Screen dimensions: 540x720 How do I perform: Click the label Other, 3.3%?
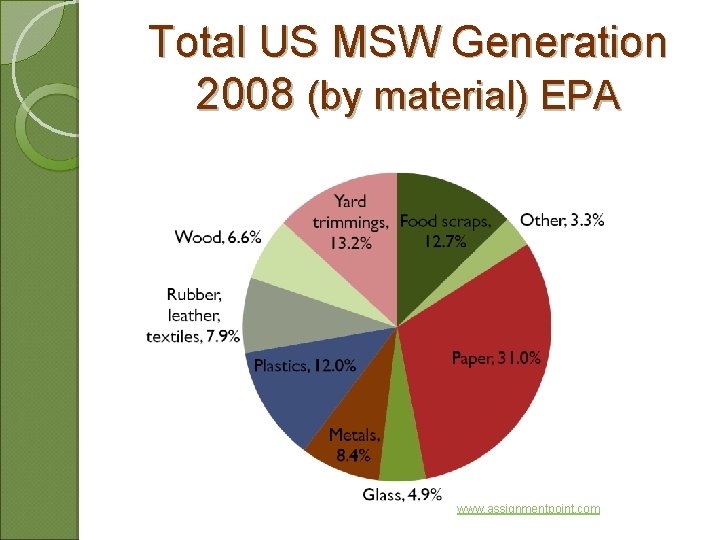pos(562,220)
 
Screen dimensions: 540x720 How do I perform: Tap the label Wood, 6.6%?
pos(218,237)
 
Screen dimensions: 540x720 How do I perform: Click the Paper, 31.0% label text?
pos(496,358)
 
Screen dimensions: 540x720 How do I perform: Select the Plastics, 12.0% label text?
pos(304,366)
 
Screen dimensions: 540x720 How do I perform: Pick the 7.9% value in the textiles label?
pos(221,336)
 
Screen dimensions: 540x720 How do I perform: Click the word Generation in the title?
pos(560,43)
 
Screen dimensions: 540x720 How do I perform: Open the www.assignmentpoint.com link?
pos(528,509)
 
